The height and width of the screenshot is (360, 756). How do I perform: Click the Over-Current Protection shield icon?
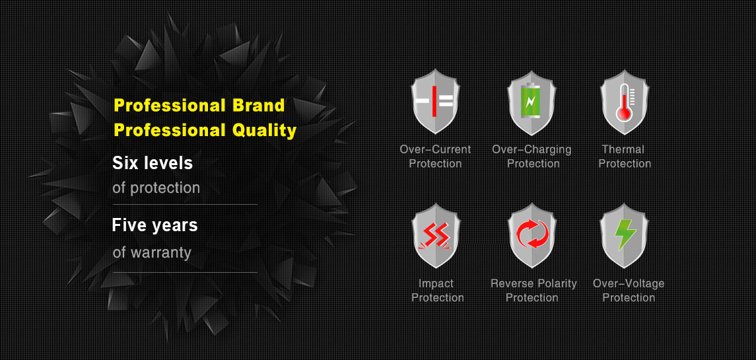435,102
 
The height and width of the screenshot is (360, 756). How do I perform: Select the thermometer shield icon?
625,102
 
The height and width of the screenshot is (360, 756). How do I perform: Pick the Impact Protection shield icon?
436,236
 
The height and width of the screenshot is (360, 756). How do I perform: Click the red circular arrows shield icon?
532,236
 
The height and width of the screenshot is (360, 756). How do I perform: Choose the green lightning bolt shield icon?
625,236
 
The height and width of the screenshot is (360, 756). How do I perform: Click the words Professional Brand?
199,105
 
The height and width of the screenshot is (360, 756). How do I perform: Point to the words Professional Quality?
205,130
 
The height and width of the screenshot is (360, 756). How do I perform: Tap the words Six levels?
153,163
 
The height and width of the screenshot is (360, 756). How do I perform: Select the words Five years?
155,225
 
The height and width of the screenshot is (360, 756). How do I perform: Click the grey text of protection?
156,188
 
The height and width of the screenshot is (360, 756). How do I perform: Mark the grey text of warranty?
152,252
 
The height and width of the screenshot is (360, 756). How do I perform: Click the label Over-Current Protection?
435,157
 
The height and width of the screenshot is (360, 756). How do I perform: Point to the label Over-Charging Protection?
532,157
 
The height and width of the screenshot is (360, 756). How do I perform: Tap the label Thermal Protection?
625,157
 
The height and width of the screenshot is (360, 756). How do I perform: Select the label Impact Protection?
437,291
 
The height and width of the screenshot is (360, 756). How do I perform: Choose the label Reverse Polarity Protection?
533,291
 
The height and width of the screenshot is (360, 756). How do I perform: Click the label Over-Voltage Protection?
629,291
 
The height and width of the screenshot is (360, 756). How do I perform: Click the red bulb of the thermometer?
624,114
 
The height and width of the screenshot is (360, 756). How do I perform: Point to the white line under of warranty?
185,273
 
